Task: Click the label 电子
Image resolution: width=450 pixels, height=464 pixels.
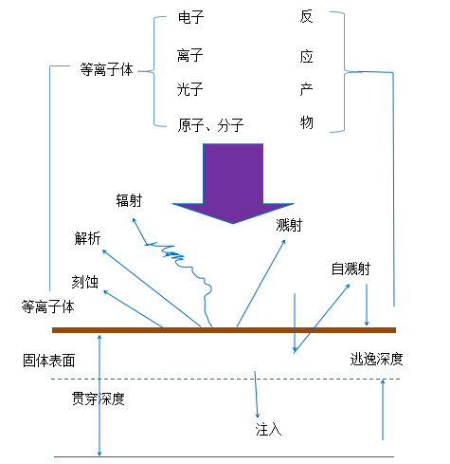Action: point(190,18)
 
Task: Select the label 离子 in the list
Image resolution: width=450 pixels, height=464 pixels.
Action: point(190,56)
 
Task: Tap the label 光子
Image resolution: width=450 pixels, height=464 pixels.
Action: point(190,89)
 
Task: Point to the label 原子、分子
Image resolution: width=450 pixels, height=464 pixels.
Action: point(210,125)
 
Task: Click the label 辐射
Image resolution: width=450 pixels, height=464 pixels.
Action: point(129,200)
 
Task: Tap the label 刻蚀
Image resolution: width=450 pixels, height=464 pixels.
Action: point(83,281)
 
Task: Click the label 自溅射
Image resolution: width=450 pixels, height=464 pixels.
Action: point(350,269)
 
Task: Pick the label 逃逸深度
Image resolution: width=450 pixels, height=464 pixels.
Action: point(377,359)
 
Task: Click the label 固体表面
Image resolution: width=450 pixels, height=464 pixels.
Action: point(48,361)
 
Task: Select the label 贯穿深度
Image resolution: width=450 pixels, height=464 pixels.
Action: point(99,399)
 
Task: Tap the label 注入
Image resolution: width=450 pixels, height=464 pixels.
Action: point(269,430)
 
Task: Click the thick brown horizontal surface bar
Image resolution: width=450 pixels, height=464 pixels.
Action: point(224,330)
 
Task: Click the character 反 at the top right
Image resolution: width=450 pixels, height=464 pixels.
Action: point(305,18)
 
